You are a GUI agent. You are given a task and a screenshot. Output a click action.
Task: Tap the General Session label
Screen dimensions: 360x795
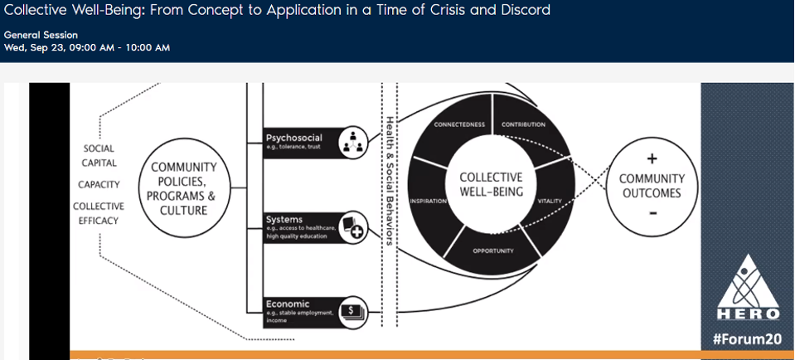point(41,35)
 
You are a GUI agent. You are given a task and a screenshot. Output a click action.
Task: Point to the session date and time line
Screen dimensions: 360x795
point(87,47)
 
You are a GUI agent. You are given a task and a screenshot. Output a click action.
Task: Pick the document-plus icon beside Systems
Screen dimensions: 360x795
point(355,226)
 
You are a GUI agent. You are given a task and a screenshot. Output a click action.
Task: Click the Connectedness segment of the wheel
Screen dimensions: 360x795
point(458,124)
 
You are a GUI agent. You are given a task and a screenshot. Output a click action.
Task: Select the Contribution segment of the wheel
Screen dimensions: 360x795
point(524,124)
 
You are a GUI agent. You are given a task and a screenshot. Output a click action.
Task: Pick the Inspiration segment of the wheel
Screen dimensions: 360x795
point(428,201)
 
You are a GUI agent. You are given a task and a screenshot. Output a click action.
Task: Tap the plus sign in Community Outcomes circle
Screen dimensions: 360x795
point(652,158)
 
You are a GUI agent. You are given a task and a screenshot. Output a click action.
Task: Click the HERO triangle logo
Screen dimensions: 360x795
point(747,286)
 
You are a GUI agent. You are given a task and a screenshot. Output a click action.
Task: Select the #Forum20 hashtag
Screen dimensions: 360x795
point(747,338)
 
